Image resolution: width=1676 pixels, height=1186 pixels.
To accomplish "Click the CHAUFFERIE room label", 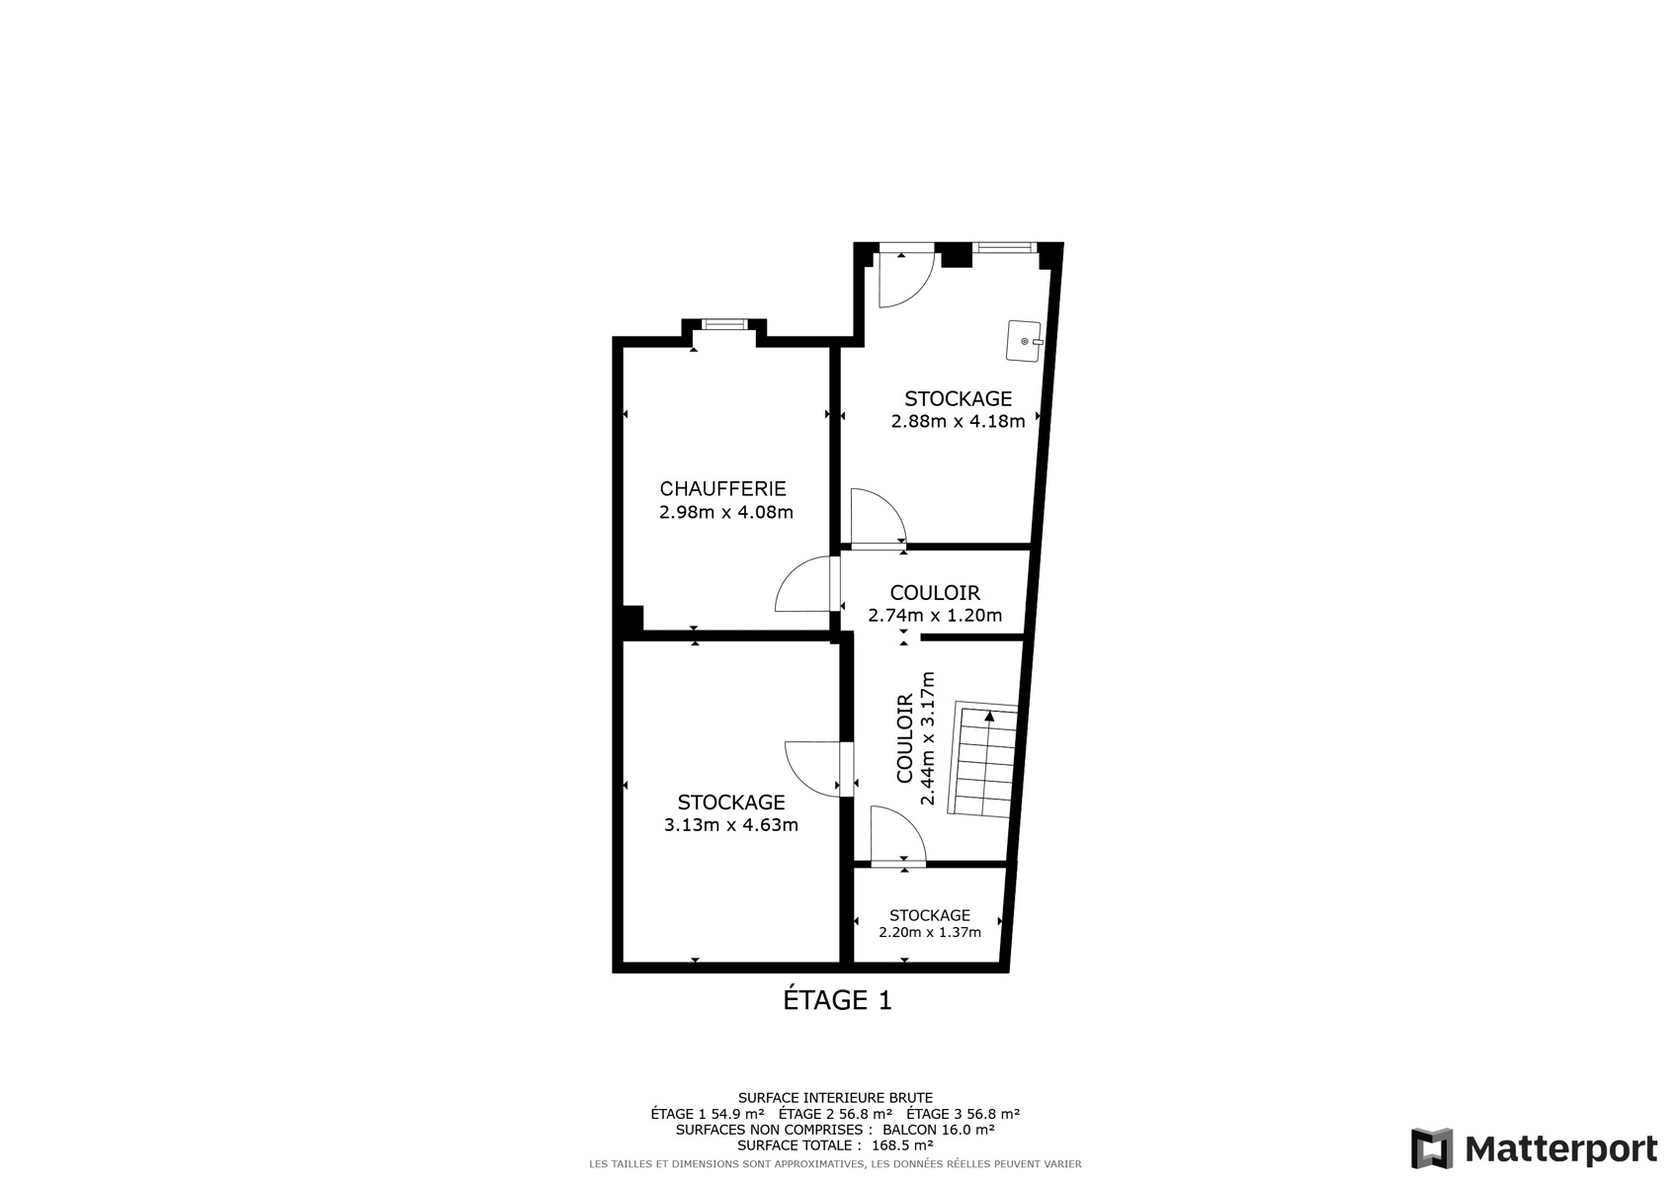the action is pos(722,488).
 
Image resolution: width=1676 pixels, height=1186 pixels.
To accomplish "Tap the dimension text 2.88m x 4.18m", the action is pos(958,421).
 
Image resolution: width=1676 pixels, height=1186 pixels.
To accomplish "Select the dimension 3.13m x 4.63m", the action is pos(731,825).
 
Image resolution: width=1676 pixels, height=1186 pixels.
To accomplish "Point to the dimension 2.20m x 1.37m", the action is pos(929,932).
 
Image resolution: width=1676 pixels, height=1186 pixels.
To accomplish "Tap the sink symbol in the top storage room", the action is pos(1024,341).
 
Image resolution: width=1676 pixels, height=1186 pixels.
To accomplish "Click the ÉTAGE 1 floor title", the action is pos(837,1000).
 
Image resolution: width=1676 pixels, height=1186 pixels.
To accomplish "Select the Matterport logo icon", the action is pos(1431,1148).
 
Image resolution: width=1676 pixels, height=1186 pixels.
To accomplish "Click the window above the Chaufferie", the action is pos(724,324).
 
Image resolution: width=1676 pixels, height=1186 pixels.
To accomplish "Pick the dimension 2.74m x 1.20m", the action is pos(935,616).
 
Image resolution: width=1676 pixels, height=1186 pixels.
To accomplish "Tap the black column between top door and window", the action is pos(956,254).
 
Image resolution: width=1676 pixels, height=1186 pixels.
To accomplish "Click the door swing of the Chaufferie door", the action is pos(802,584).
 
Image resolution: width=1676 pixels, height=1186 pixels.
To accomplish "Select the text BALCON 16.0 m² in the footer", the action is pos(938,1130).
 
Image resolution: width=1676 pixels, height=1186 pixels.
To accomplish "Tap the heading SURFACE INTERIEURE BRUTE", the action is pos(835,1098).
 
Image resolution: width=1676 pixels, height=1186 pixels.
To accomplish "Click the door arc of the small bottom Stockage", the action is pos(898,833).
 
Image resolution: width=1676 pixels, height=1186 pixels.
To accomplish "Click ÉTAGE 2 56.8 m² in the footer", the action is pos(835,1114).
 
